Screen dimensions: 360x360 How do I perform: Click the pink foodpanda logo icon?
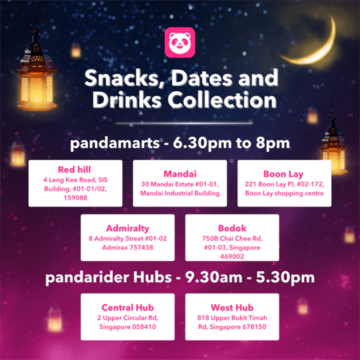coord(180,42)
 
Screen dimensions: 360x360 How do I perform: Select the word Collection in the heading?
coord(223,100)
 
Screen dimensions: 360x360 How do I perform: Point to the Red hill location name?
coord(74,170)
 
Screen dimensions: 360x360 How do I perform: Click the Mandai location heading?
coord(180,174)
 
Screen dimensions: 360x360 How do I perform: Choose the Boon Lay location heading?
coord(284,174)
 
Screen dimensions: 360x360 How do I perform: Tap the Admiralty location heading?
coord(127,228)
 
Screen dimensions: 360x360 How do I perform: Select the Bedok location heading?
coord(232,228)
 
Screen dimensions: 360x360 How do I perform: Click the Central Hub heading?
coord(127,308)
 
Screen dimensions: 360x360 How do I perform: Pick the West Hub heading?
coord(232,308)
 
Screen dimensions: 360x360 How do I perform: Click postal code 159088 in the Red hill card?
coord(76,198)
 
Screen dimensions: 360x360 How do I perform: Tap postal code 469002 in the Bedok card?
coord(232,256)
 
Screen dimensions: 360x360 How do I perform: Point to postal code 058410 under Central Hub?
coord(143,326)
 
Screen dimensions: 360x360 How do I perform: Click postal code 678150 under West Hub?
coord(253,326)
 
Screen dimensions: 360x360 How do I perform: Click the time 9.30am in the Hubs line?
coord(214,278)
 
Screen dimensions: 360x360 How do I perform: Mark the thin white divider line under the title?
coord(184,123)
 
